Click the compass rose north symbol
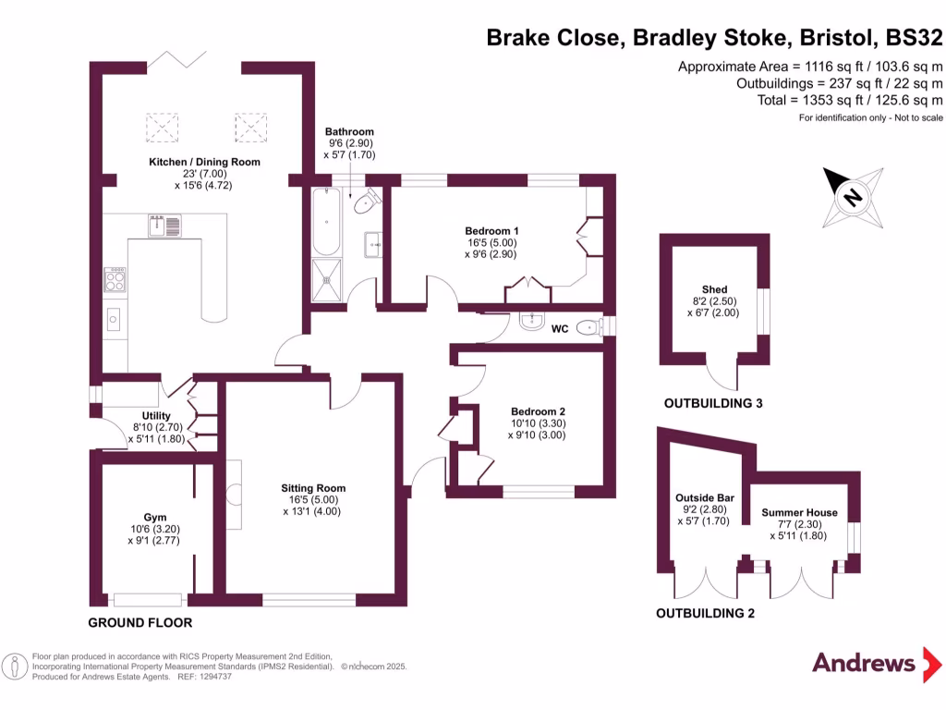[853, 197]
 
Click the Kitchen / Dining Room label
[205, 162]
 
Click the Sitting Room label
[313, 488]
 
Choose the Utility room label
[157, 416]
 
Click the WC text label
[560, 328]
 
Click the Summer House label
[799, 513]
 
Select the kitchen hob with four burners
[116, 278]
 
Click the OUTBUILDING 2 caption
[705, 613]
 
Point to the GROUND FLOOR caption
[140, 622]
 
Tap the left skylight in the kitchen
[164, 127]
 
